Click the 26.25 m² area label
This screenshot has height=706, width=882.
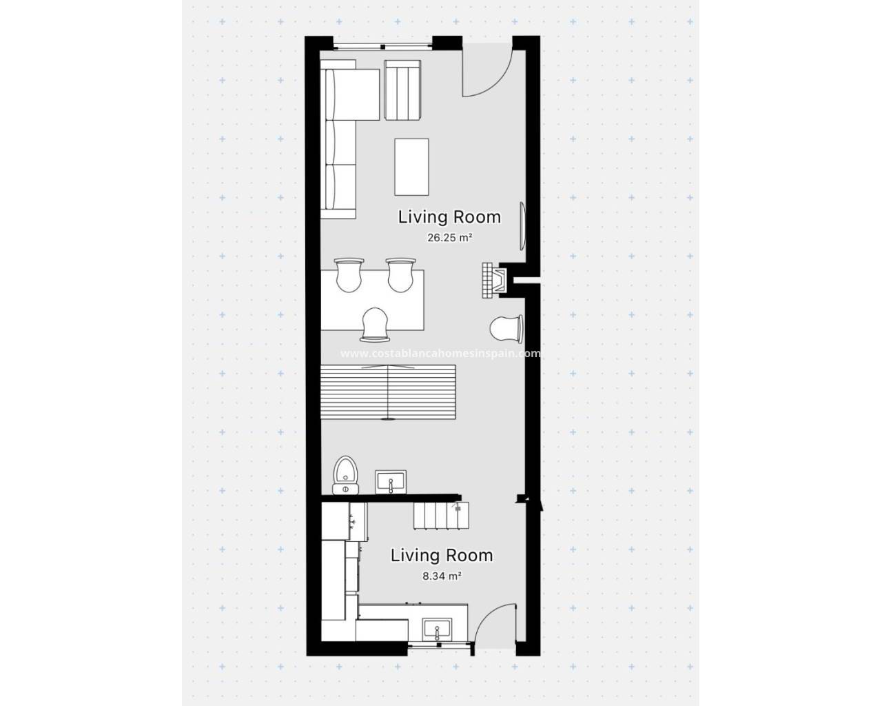(449, 238)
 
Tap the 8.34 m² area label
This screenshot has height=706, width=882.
(442, 576)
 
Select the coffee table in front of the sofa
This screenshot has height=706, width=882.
(411, 167)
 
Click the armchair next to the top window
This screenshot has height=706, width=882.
(402, 90)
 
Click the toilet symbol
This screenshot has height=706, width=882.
(345, 475)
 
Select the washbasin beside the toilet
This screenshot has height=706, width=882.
(391, 482)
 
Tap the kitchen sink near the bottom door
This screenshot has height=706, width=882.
(437, 629)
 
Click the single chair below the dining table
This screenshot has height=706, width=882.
(375, 324)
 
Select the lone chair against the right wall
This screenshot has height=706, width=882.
(506, 329)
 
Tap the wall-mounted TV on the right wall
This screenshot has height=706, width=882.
(522, 226)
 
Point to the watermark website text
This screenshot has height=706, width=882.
(440, 353)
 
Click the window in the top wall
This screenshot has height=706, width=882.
(383, 46)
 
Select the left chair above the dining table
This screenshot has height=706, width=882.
(349, 275)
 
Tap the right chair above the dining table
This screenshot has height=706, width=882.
(401, 275)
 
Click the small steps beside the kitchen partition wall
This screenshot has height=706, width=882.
(441, 515)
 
